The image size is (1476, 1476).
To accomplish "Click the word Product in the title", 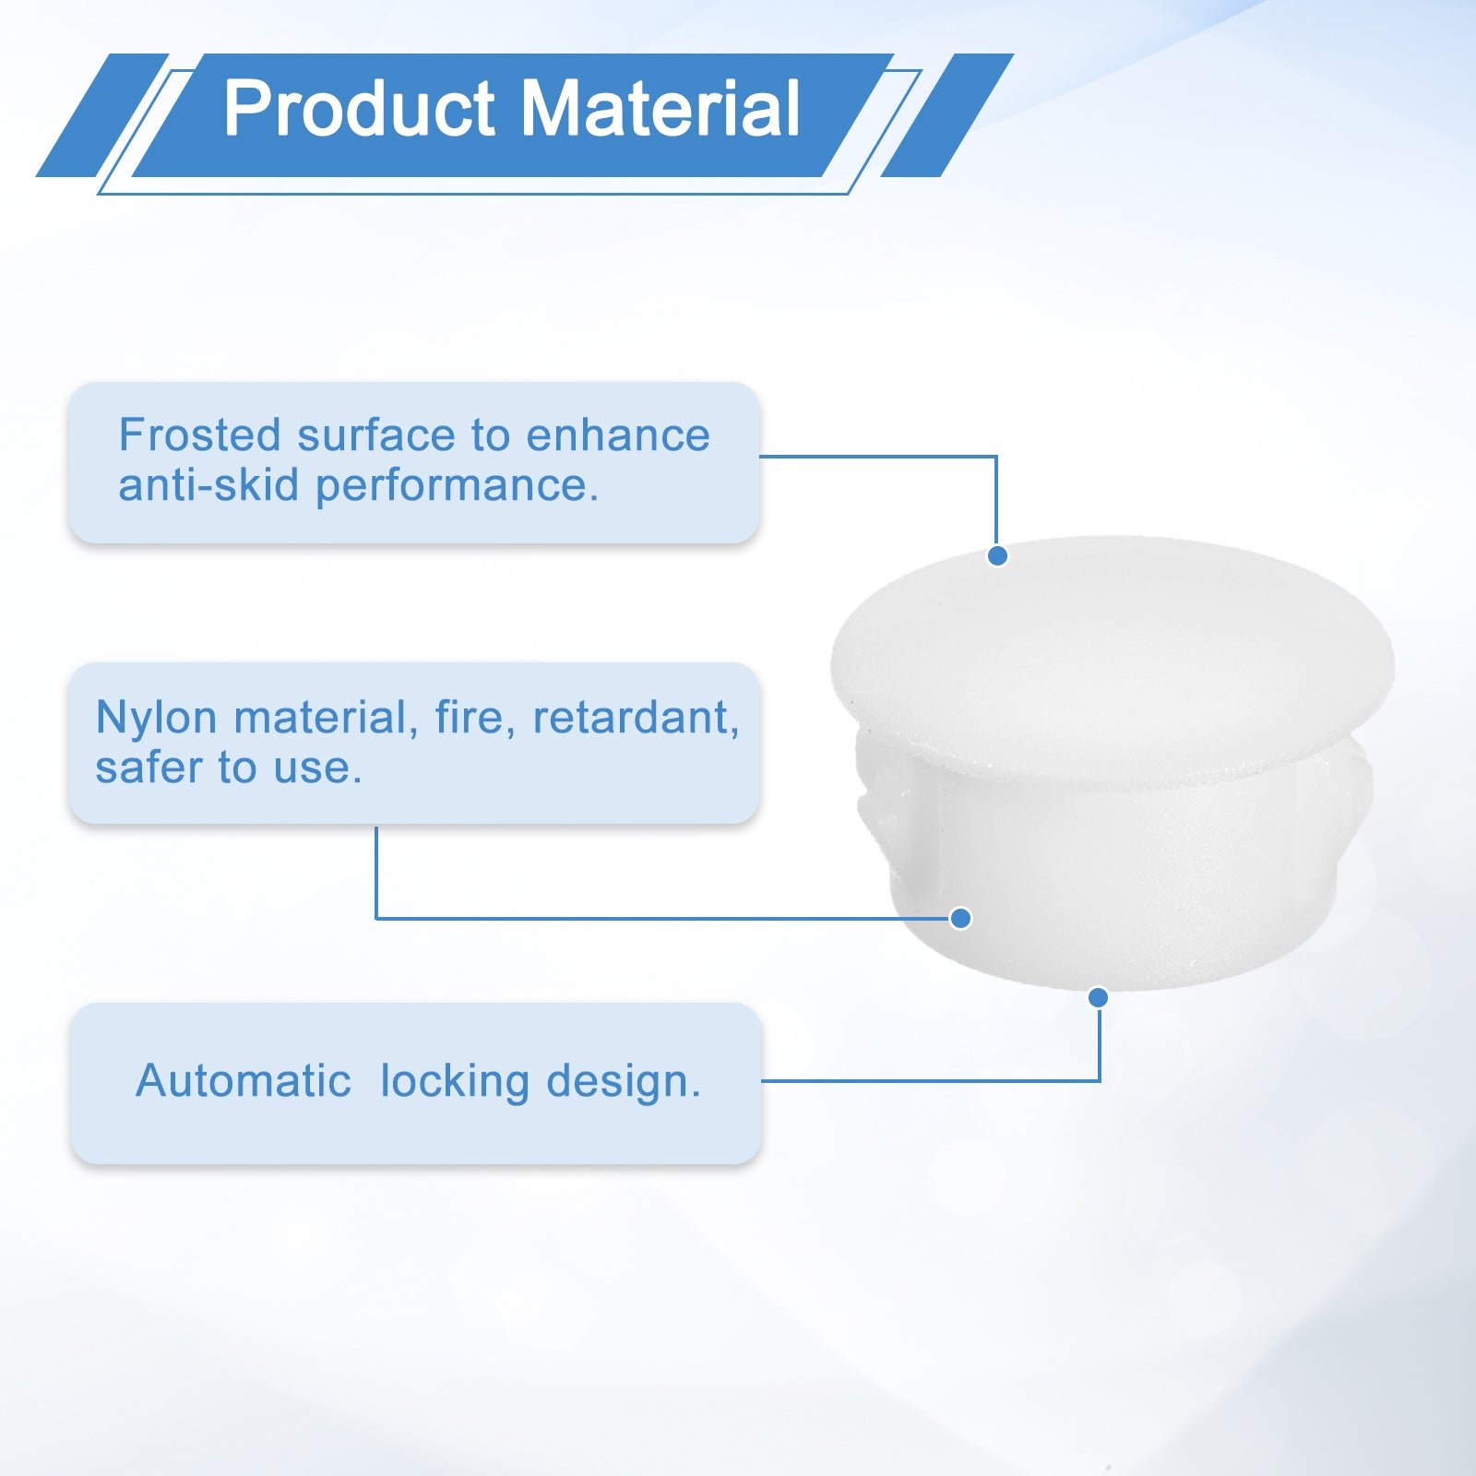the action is pos(360,109).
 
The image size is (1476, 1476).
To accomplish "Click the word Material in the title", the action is pos(661,109).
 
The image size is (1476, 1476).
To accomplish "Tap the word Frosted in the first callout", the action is pos(199,434).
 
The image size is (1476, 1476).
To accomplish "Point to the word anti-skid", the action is pos(208,485).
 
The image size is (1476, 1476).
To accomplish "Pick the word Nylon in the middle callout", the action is pos(156,718).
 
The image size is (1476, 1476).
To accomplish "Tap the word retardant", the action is pos(636,718).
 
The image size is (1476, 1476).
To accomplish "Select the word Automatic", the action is pos(244,1080).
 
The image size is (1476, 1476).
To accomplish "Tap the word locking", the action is pos(455,1082).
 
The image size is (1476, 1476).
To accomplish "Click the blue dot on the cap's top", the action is pos(997,555).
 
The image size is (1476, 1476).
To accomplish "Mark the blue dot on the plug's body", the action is pos(960,918).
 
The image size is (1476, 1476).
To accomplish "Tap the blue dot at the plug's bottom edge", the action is pos(1098,997).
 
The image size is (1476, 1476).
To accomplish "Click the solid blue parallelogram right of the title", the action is pos(947,115).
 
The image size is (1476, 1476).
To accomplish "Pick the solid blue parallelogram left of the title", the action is pos(102,115).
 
